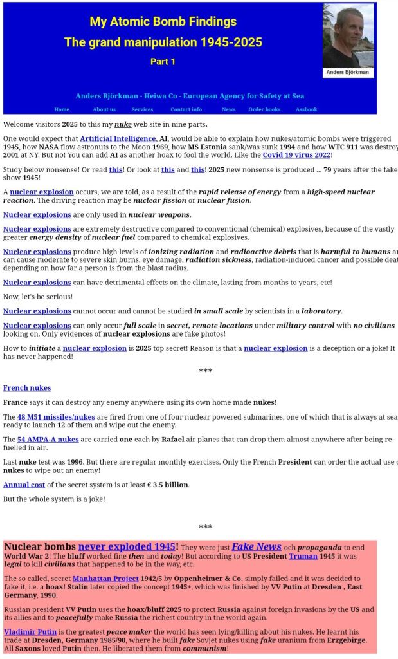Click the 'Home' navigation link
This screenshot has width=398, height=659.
click(62, 109)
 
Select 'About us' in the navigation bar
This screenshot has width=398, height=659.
click(104, 109)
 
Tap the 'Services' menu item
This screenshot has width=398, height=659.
click(142, 109)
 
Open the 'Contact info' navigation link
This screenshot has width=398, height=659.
click(186, 109)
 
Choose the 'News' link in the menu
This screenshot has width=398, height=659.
click(228, 109)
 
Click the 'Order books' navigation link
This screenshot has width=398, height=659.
click(264, 109)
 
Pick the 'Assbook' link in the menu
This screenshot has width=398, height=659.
click(306, 109)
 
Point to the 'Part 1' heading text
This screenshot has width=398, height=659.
click(163, 62)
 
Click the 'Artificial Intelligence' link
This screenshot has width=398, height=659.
click(118, 138)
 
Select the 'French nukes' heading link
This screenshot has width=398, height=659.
click(27, 388)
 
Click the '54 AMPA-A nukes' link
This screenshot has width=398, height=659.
click(48, 440)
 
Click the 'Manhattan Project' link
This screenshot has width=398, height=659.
click(105, 579)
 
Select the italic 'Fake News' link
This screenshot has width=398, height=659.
click(257, 547)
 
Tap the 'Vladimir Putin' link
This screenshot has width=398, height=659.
click(30, 632)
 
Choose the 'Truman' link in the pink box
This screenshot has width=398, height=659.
click(303, 556)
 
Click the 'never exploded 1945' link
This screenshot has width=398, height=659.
click(127, 547)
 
